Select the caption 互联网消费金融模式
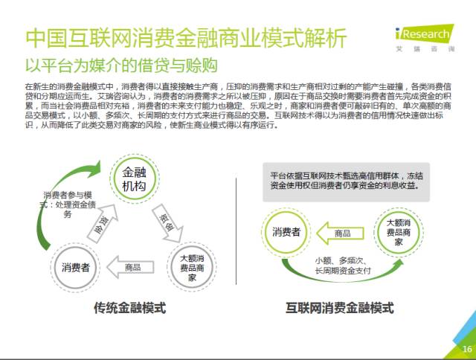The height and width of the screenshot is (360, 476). pyautogui.click(x=339, y=308)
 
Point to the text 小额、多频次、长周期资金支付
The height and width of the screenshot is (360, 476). pyautogui.click(x=343, y=266)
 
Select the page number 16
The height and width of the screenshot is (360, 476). pyautogui.click(x=466, y=350)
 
